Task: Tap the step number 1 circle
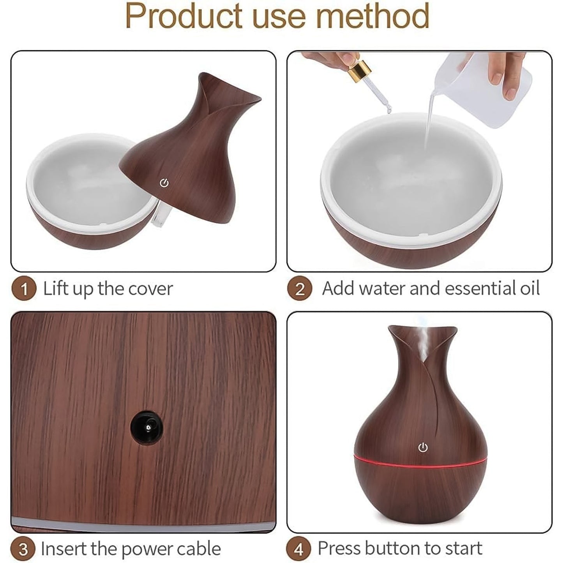(24, 289)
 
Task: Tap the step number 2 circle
(300, 289)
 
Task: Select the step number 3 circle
(24, 549)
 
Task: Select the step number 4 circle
(299, 549)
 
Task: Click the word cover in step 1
(150, 289)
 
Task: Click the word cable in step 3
(199, 549)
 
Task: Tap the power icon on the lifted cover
(164, 183)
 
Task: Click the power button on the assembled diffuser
(423, 448)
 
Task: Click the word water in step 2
(380, 289)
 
